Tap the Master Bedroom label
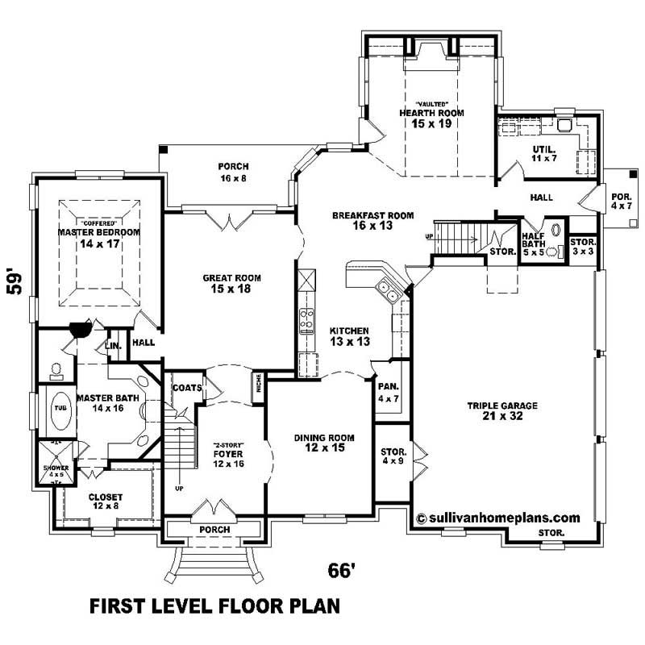[98, 237]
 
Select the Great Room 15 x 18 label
[231, 283]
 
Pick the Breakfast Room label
[372, 221]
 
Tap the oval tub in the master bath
[60, 408]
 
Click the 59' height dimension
[14, 281]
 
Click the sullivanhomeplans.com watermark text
[498, 518]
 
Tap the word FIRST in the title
[119, 605]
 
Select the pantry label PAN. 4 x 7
[388, 393]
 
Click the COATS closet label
[186, 388]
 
